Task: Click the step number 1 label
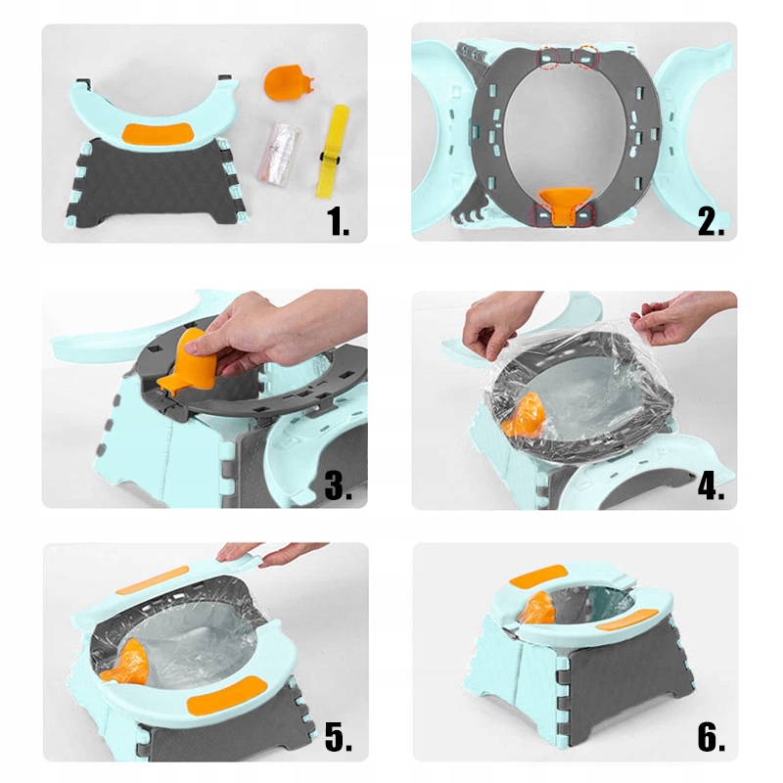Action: coord(338,222)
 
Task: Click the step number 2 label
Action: coord(711,222)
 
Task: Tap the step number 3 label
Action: coord(338,485)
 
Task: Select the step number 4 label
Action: coord(711,485)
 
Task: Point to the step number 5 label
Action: coord(338,737)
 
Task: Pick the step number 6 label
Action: coord(712,737)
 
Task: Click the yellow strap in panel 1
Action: coord(333,152)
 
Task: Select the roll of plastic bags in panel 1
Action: coord(279,152)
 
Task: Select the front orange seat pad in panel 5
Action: coord(227,695)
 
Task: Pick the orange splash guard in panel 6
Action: coord(537,608)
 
